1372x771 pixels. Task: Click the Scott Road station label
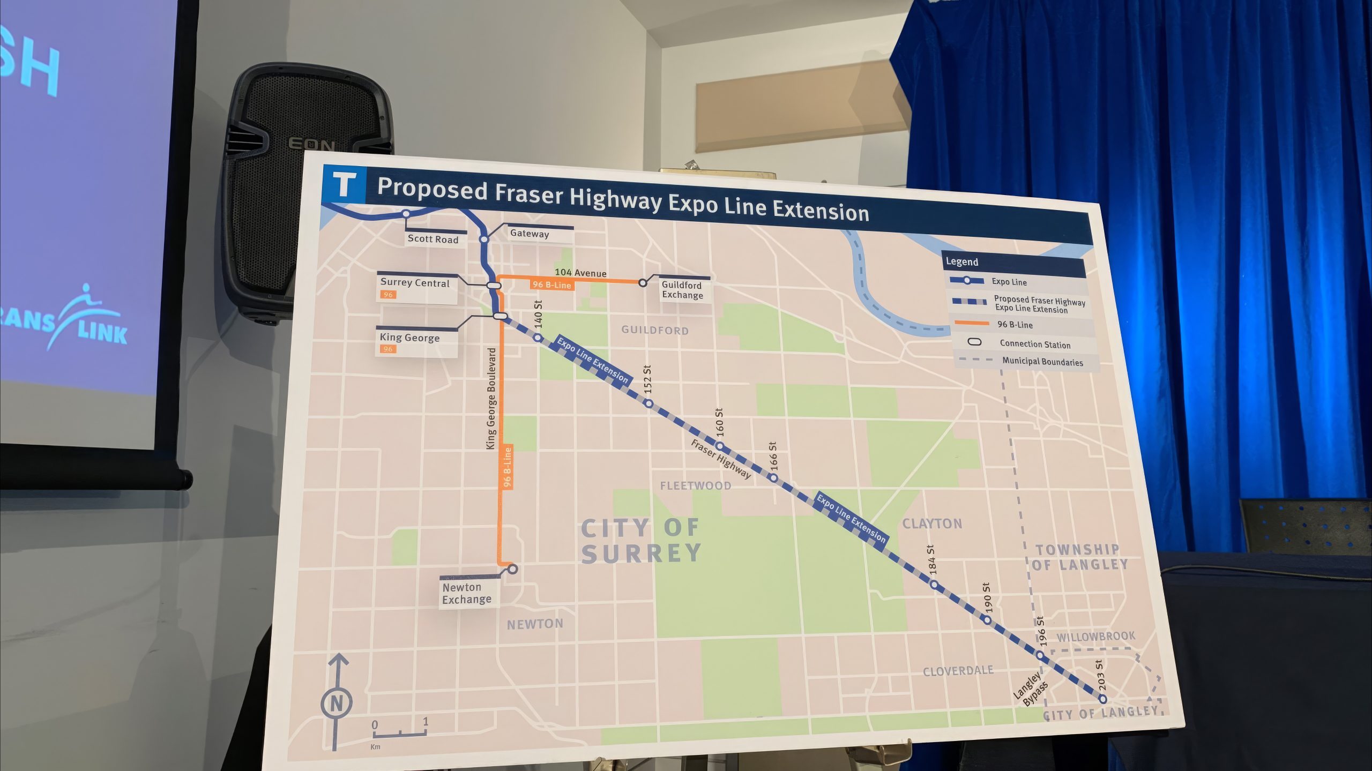point(433,239)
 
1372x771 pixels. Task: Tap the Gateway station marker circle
point(483,239)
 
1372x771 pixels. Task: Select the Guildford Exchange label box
point(682,290)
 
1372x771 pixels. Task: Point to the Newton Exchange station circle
point(512,569)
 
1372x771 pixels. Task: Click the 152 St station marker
point(648,403)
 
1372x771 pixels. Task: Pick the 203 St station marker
point(1102,699)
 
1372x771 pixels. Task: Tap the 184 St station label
point(931,560)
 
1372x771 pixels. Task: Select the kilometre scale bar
point(400,733)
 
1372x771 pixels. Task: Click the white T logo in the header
point(344,184)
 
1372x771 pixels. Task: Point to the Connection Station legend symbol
point(974,342)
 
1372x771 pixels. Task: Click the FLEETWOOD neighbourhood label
point(695,486)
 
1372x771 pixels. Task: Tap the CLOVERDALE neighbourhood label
point(958,671)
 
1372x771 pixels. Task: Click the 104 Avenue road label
point(580,273)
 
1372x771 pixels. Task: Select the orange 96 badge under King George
point(387,349)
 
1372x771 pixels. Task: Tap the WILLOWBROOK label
point(1095,637)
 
